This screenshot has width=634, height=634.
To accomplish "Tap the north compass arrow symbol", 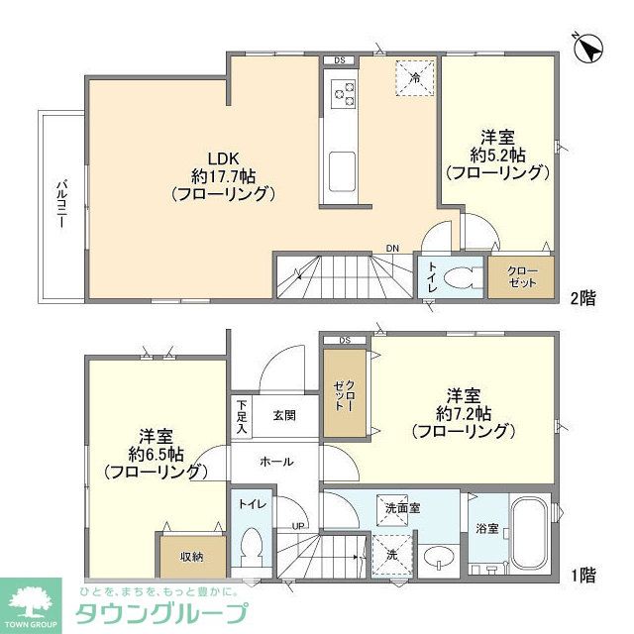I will pos(588,48).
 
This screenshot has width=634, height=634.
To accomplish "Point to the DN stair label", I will pos(392,248).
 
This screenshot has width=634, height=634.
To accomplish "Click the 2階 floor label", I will pos(581,296).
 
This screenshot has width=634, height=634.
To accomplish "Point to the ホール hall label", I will pos(275,461).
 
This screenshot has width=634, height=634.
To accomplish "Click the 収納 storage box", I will pos(191,556).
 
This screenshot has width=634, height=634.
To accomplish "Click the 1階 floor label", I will pos(581,573).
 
